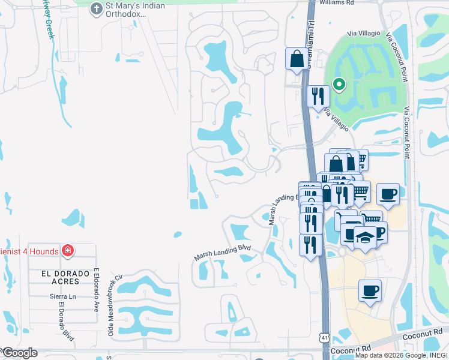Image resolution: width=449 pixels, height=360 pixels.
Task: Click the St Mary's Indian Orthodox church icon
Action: point(95,8)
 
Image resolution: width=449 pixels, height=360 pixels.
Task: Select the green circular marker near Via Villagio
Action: point(339,85)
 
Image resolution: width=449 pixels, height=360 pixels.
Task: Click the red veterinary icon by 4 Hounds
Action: point(67,250)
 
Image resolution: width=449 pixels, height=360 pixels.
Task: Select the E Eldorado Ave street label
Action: point(95,287)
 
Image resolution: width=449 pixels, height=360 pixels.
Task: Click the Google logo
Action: point(19,353)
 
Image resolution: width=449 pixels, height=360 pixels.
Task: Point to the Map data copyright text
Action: point(401,356)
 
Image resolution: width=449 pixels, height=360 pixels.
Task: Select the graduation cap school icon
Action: point(364,237)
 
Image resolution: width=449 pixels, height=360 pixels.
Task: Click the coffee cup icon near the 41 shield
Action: point(370,292)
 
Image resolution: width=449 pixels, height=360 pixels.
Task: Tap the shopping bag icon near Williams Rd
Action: point(296,59)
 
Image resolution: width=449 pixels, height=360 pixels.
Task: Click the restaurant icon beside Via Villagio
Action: point(317,97)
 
